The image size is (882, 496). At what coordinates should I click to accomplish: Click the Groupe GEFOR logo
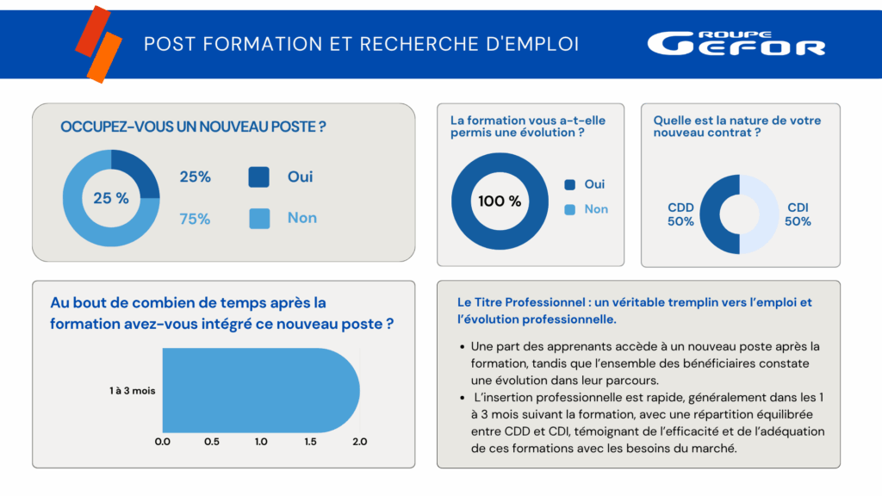pos(736,43)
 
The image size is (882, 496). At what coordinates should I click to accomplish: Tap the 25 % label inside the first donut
pos(111,198)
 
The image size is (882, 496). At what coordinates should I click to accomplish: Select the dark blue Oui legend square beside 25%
pos(259,177)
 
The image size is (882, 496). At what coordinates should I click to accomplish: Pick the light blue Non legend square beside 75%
pos(259,218)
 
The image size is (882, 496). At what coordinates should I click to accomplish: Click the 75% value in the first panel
pos(195,219)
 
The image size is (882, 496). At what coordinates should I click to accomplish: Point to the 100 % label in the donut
pos(500,201)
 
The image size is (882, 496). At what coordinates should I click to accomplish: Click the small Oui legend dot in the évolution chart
pos(569,184)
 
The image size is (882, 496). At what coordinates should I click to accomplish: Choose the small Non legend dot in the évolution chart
pos(569,209)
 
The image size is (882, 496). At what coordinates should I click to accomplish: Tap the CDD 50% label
pos(680,214)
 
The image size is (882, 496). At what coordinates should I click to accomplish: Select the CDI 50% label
pos(798,214)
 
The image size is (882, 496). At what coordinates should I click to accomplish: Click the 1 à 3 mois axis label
pos(133,391)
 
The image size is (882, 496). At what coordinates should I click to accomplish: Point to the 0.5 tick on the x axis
pos(211,442)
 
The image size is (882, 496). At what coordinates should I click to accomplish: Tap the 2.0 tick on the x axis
pos(360,442)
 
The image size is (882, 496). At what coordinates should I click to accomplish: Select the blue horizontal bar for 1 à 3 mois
pos(258,391)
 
